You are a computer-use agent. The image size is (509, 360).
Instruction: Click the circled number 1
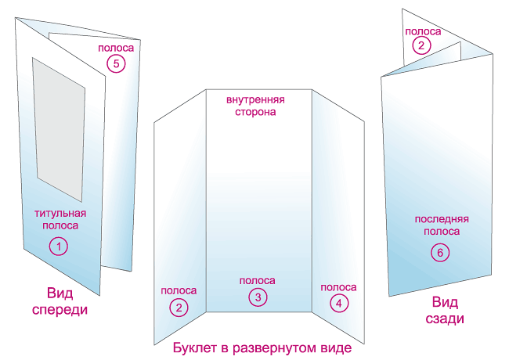point(60,246)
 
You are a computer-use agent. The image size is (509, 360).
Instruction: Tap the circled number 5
point(116,64)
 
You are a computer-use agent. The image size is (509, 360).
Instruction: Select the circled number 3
point(257,297)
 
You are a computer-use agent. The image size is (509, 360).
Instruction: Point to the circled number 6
point(440,251)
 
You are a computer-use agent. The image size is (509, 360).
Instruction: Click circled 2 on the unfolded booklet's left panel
point(179,307)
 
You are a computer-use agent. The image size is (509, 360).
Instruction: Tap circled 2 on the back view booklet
point(422,45)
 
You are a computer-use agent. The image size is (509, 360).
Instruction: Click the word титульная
point(60,213)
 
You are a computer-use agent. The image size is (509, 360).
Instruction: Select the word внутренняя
point(255,101)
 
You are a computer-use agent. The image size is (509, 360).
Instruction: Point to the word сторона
point(256,113)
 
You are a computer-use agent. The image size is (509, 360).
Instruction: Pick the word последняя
point(442,219)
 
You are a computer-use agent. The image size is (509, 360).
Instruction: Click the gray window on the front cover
point(59,125)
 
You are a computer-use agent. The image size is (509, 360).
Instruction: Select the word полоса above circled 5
point(116,49)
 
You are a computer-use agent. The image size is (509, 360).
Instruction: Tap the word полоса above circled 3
point(257,280)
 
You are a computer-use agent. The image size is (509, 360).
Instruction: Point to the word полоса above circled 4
point(338,287)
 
